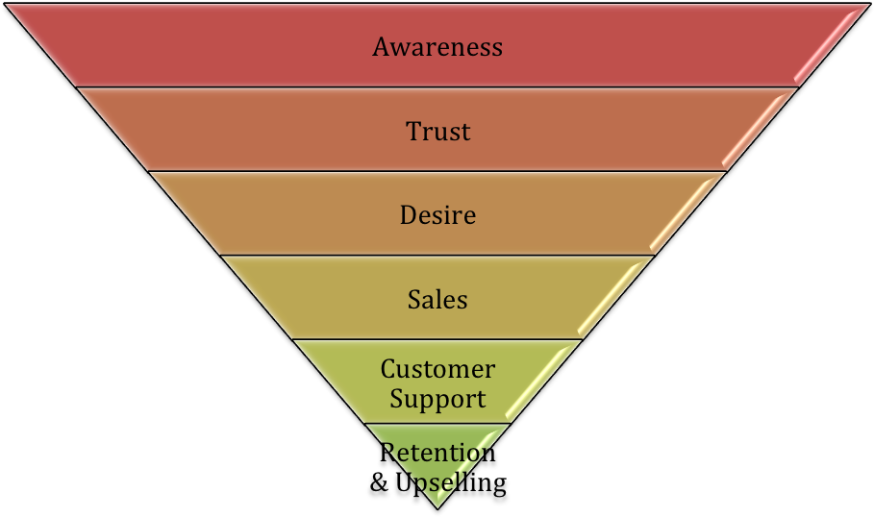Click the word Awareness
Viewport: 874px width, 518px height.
[437, 47]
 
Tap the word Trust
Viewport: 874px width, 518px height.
[437, 131]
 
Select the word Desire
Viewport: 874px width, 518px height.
[437, 214]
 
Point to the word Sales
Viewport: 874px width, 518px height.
[437, 299]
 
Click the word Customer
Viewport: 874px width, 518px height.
[437, 369]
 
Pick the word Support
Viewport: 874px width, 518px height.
[437, 398]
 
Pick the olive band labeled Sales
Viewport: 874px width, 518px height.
[327, 299]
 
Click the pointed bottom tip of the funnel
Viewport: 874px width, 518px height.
[437, 507]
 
